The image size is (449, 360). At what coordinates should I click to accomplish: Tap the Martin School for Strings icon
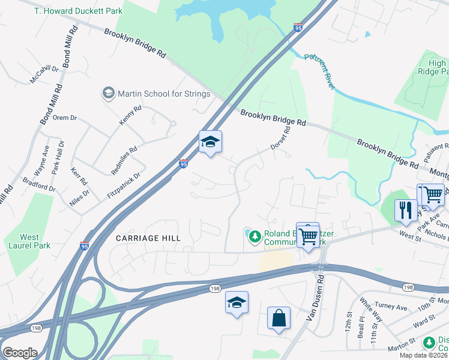click(108, 94)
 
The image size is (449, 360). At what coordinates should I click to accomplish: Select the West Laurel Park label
click(29, 242)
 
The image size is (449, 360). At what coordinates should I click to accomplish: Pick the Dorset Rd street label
click(280, 138)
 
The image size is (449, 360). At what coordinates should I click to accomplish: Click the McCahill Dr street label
click(45, 74)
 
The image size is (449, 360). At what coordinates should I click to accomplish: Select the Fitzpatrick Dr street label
click(125, 185)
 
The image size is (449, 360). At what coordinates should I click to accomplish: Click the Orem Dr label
click(64, 118)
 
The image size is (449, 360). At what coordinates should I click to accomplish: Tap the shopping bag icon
click(279, 317)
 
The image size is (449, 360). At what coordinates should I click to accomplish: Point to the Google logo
click(20, 353)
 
